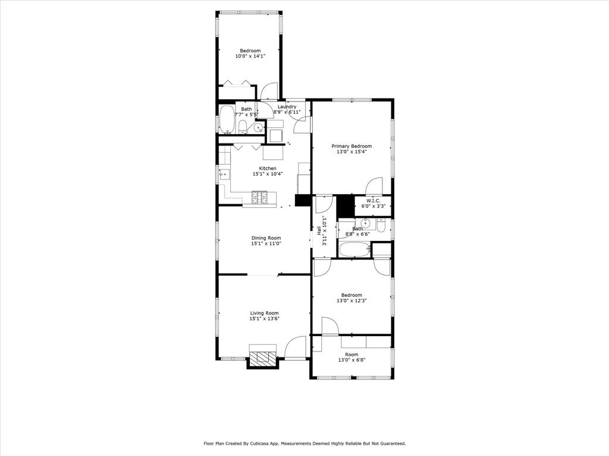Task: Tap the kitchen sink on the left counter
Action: coord(224,174)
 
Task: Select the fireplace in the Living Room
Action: coord(263,357)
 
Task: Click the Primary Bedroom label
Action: coord(351,146)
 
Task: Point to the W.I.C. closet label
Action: coord(373,201)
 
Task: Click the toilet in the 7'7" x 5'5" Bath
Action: coord(243,126)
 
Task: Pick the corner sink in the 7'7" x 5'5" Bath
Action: coord(259,127)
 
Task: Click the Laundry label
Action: coord(287,107)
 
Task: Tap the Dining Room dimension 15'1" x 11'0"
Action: coord(266,243)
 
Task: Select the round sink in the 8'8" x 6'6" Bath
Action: coord(366,224)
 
